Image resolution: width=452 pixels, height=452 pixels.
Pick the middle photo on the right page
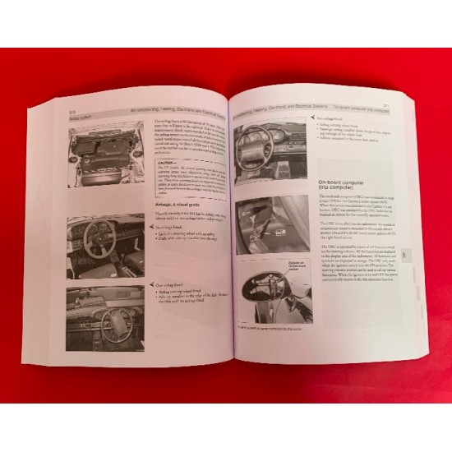[272, 224]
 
